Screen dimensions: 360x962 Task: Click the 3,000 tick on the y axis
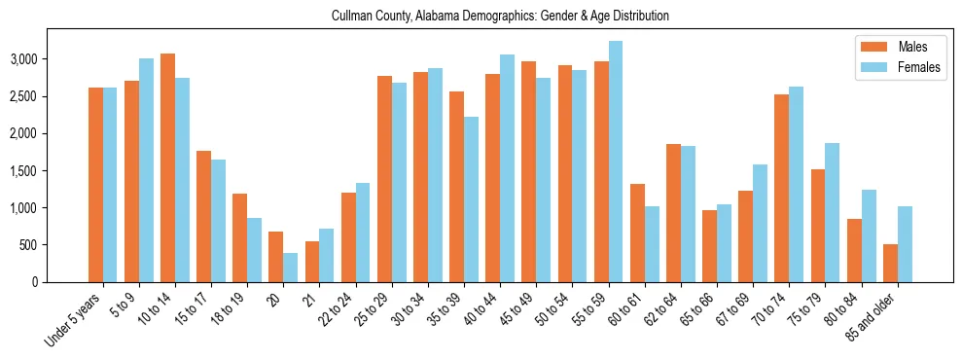coord(51,59)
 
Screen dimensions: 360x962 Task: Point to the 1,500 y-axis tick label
coord(51,171)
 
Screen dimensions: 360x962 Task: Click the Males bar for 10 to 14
coord(167,167)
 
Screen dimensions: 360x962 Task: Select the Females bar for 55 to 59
coord(616,162)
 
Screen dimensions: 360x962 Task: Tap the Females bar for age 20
coord(290,268)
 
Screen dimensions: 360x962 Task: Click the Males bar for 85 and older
coord(890,263)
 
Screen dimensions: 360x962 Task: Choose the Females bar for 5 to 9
coord(146,170)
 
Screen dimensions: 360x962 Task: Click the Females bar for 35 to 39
coord(471,199)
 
